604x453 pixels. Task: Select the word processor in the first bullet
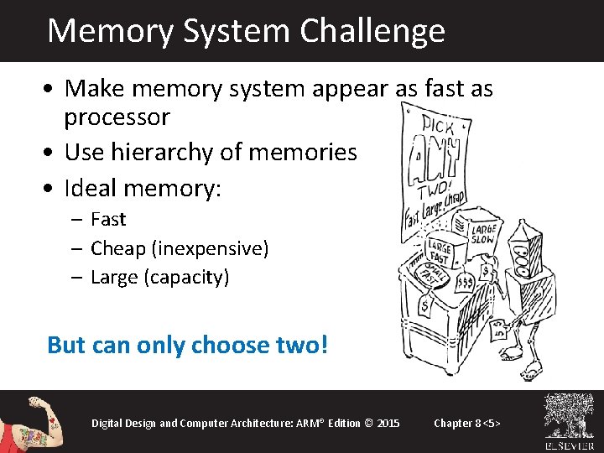117,117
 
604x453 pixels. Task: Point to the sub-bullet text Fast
108,220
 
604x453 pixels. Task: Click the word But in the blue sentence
66,345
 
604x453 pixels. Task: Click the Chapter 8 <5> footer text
467,422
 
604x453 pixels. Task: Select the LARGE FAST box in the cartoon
438,250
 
